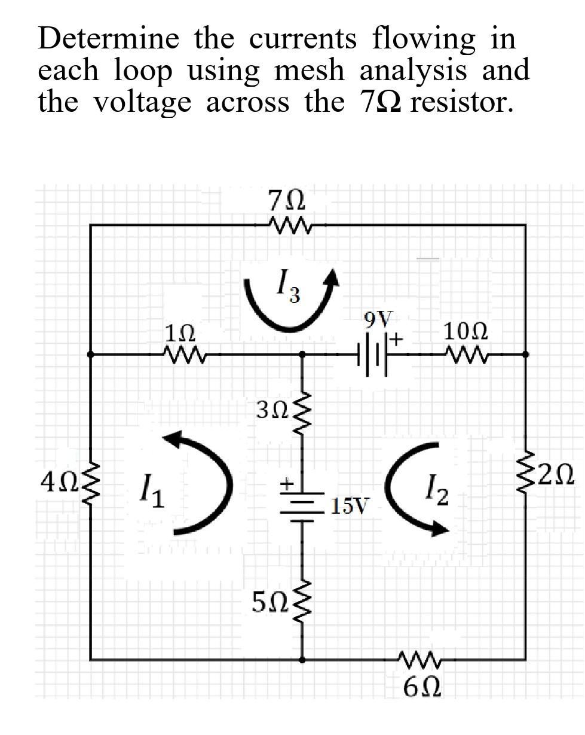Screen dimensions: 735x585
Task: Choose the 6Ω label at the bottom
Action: (x=422, y=688)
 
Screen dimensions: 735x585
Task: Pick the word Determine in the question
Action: (x=108, y=39)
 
